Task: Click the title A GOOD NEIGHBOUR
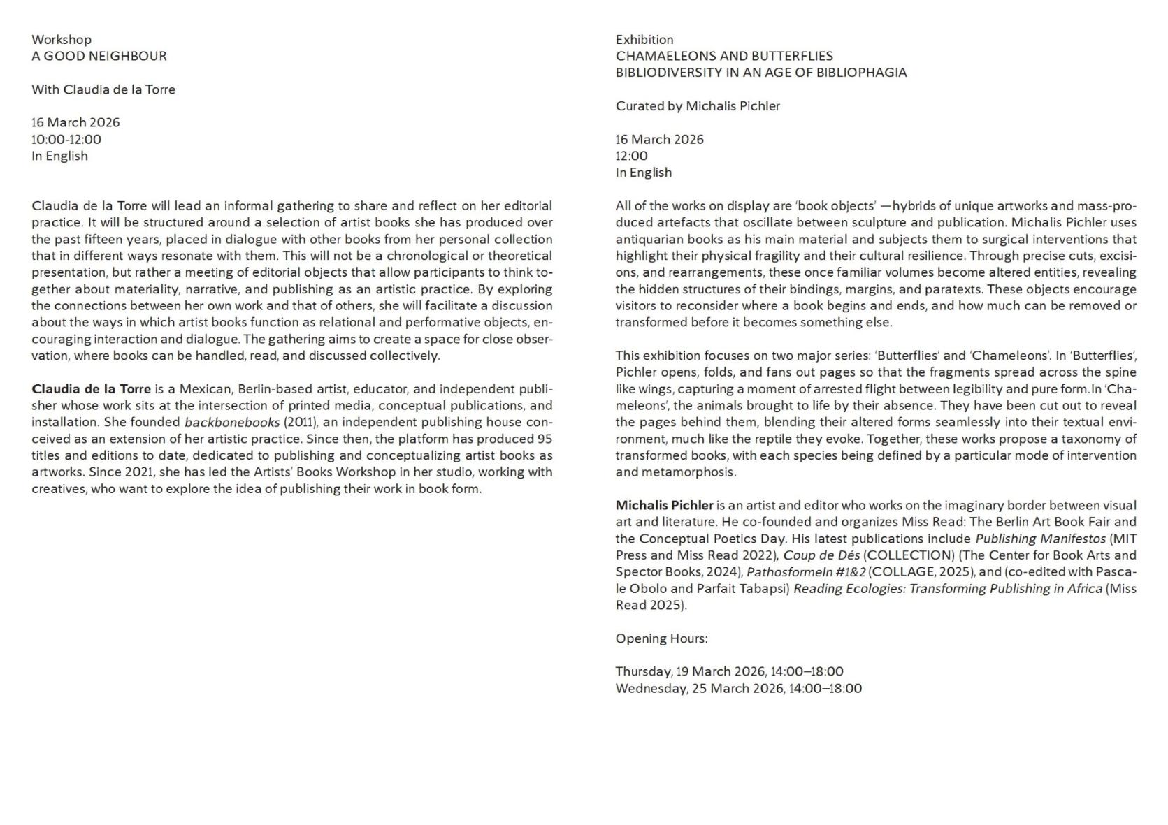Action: [x=99, y=56]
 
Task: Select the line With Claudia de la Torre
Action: [x=103, y=89]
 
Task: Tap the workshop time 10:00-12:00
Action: [x=66, y=139]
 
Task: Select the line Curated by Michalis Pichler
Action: [x=697, y=106]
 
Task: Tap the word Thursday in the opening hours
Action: [x=644, y=672]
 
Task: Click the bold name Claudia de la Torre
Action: [x=91, y=389]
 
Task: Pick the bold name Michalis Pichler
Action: [x=664, y=505]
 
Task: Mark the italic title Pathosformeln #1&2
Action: [x=805, y=572]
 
